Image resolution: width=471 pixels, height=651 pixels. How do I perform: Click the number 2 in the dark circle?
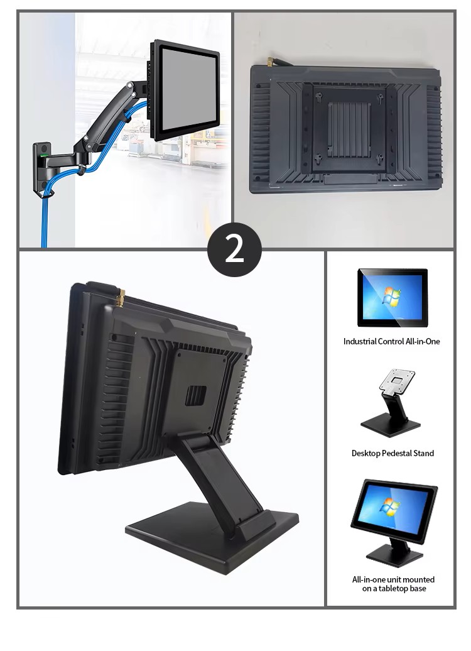[x=234, y=249]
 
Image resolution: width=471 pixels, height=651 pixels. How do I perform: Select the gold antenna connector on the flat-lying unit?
[x=270, y=62]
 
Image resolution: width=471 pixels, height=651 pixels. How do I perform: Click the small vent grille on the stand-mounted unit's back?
[x=196, y=395]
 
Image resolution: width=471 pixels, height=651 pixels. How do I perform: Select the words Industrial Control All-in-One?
[x=391, y=341]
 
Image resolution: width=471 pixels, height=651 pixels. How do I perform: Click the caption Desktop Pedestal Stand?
[x=392, y=453]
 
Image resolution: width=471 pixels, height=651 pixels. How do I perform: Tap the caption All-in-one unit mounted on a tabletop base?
[x=393, y=584]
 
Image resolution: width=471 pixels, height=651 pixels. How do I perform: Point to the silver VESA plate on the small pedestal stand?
[x=397, y=380]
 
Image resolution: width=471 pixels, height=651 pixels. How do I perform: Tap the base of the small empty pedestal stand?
[x=391, y=426]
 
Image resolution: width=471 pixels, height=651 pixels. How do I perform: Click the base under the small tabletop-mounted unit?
[x=394, y=555]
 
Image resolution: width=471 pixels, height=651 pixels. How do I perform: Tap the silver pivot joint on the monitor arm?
[x=130, y=86]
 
